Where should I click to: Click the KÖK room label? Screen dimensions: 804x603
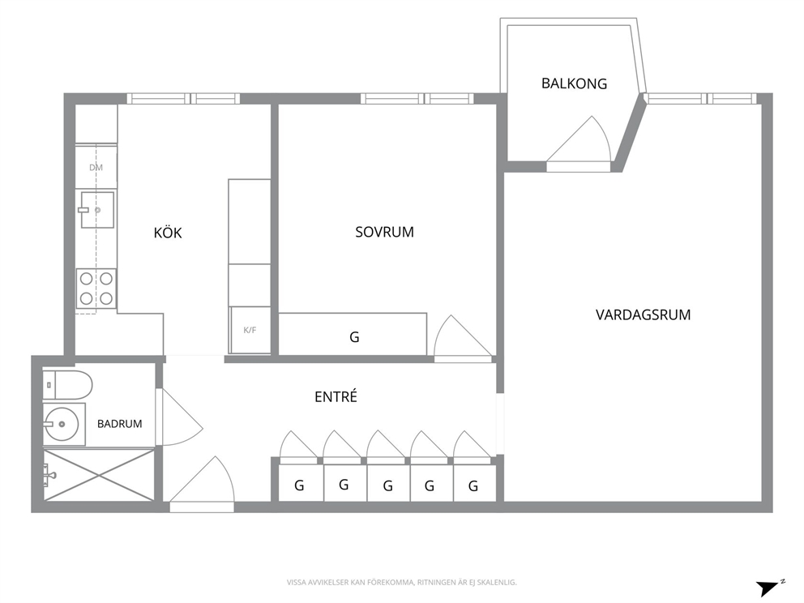[168, 233]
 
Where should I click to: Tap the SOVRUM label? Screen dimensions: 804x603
[384, 232]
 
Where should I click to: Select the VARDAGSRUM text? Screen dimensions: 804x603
[643, 314]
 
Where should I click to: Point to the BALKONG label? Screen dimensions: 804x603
[575, 83]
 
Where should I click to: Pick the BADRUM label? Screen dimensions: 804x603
[119, 424]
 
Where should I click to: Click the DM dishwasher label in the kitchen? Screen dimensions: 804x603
[96, 167]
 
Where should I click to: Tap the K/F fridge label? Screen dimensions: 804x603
[250, 330]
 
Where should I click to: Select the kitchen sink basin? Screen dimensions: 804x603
[97, 210]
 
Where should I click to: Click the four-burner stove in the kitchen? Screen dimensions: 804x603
[96, 289]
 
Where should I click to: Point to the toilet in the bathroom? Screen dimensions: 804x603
[67, 384]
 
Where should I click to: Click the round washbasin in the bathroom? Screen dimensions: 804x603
[61, 424]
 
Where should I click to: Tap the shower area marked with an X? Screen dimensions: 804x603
[98, 475]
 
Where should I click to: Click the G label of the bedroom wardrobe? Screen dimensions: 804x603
[354, 337]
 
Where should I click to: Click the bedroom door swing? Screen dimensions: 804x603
[463, 336]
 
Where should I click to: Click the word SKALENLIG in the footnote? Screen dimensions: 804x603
[500, 583]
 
